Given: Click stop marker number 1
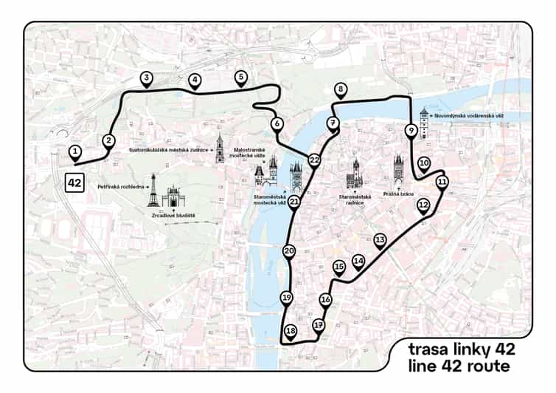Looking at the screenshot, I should coord(74,152).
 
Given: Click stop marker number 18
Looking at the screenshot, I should coord(291,331).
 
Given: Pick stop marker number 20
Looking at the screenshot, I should coord(289,251).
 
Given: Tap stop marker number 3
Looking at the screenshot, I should coord(147,78).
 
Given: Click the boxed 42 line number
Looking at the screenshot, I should coord(74,181).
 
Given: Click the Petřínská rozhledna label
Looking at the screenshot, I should coord(121,187).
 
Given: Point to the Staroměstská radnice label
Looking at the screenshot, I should coord(353,198).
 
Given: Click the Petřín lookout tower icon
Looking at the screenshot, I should coord(152,191).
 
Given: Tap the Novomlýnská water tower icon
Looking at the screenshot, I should coord(424,124).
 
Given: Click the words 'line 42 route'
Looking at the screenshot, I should coord(451,364).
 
